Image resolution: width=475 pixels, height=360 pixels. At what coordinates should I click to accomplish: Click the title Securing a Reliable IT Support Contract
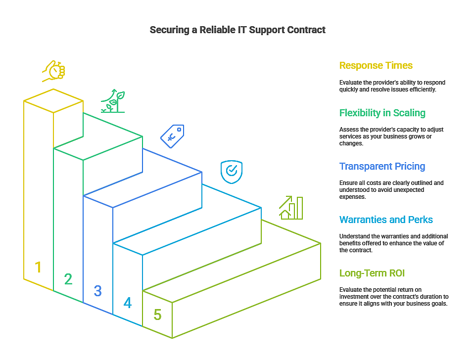point(237,30)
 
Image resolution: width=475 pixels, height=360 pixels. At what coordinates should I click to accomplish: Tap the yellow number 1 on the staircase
point(38,268)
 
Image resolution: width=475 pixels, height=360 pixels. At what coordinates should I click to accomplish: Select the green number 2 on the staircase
point(68,279)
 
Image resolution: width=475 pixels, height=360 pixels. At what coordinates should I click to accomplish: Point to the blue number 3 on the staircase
point(98,291)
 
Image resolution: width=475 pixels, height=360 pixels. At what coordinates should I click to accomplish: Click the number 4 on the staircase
point(128,303)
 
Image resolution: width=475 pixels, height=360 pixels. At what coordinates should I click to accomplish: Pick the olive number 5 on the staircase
point(157,315)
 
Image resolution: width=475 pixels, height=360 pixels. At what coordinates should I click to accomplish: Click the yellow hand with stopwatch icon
point(53,71)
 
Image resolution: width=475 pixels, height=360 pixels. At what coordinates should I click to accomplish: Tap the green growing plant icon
point(113,101)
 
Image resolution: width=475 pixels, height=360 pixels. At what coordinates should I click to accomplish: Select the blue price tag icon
point(172,135)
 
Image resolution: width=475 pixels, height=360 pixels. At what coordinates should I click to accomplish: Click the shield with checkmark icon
point(232,171)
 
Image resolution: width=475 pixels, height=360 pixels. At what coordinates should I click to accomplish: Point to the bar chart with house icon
point(291,207)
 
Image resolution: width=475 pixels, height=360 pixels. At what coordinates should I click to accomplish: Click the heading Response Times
point(376,66)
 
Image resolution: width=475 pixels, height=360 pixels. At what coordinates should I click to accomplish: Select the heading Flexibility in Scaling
point(382,113)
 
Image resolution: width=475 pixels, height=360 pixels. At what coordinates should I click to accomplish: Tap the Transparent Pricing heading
point(382,167)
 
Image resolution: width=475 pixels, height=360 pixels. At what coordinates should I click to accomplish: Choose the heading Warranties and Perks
point(386,220)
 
